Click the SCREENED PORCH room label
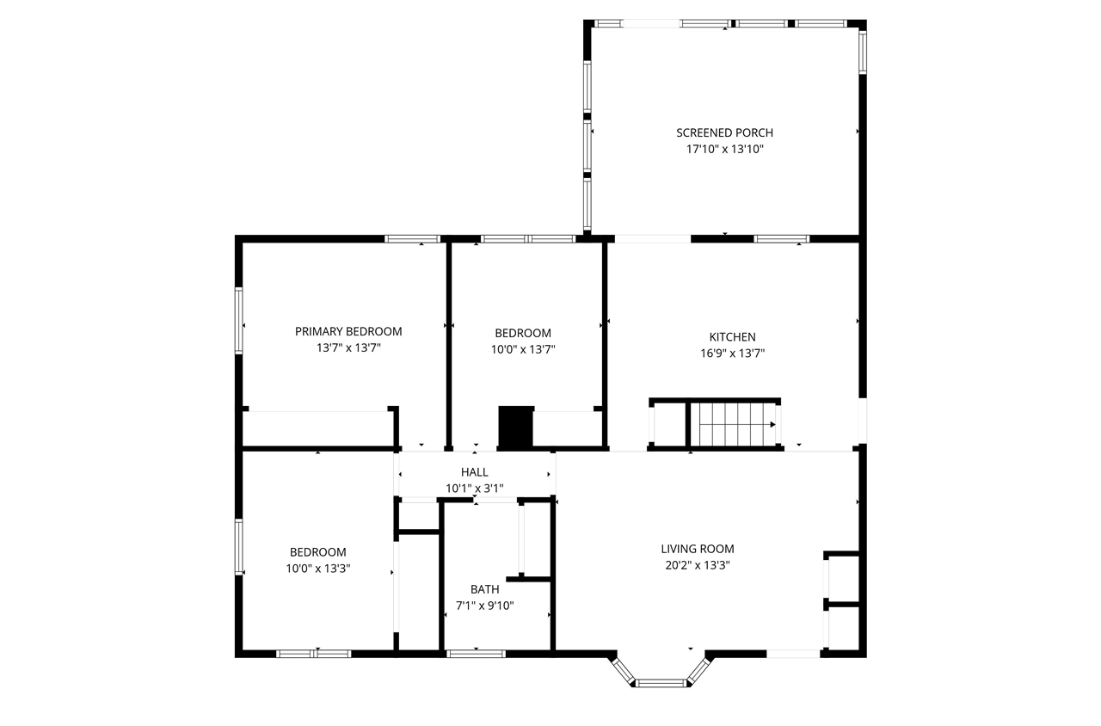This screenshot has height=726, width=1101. (x=724, y=132)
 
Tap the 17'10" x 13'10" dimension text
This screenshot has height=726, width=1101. (x=724, y=149)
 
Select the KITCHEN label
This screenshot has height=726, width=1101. (x=732, y=337)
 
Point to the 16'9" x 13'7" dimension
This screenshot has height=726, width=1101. (x=732, y=353)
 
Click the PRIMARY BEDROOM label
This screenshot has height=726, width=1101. (x=348, y=331)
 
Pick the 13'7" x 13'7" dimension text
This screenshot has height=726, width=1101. (x=348, y=348)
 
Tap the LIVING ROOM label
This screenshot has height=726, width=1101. (x=698, y=549)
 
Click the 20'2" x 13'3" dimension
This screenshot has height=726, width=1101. (x=698, y=565)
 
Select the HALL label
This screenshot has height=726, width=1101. (x=474, y=472)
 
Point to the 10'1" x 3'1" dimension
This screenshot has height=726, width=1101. (x=474, y=488)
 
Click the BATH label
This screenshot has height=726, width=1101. (x=484, y=589)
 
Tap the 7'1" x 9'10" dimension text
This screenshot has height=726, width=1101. (x=484, y=606)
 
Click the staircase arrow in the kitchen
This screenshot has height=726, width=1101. (x=772, y=424)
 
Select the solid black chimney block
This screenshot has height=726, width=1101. (x=516, y=428)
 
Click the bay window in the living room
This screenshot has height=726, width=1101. (x=661, y=682)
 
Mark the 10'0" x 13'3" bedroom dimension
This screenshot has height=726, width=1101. (x=318, y=568)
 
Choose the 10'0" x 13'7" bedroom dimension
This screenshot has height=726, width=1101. (x=523, y=349)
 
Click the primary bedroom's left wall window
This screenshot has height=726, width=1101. (x=239, y=320)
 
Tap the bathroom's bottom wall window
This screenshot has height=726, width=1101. (x=476, y=654)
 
